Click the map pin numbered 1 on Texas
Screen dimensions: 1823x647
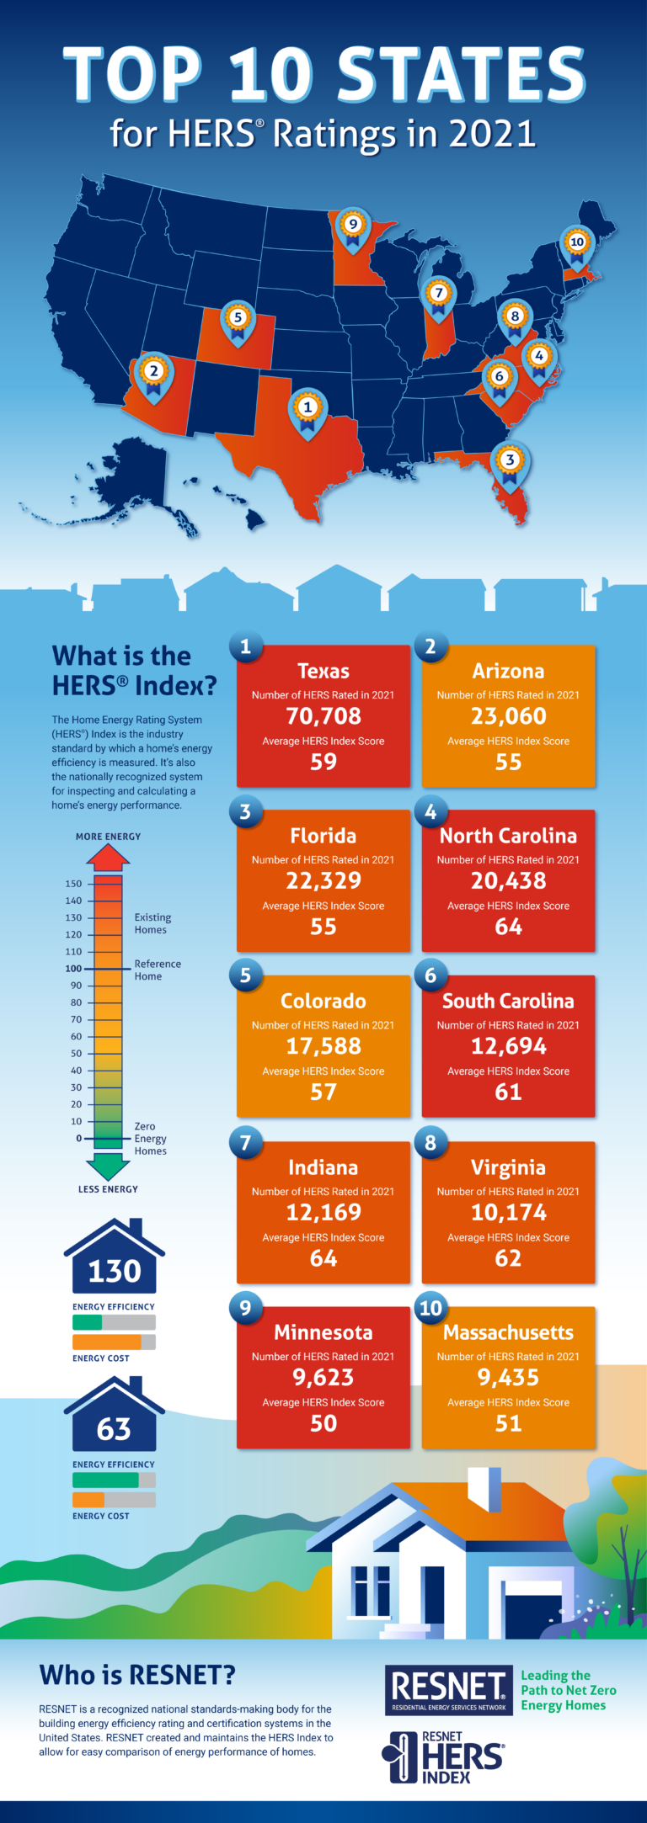click(x=307, y=410)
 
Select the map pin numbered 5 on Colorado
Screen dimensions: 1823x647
click(x=238, y=320)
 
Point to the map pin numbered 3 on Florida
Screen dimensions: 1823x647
click(x=509, y=462)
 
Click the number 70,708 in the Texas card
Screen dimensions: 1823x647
click(x=323, y=716)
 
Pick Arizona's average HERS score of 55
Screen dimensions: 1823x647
click(x=508, y=762)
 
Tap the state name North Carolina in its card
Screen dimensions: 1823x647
click(x=508, y=836)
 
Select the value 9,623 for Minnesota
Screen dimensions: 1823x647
click(x=323, y=1378)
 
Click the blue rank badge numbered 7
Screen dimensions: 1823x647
click(x=246, y=1143)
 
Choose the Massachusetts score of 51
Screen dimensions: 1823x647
click(x=508, y=1423)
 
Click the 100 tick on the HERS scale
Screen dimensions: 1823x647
click(x=74, y=969)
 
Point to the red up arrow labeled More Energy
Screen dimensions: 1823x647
click(x=108, y=858)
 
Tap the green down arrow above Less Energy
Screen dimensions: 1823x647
click(x=108, y=1167)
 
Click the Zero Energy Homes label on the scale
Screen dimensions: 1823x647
click(x=150, y=1139)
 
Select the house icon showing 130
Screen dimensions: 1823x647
click(x=114, y=1258)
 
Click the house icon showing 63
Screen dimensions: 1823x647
click(x=114, y=1416)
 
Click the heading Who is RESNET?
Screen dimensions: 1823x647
click(x=136, y=1676)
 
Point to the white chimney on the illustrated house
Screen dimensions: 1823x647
click(x=484, y=1491)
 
